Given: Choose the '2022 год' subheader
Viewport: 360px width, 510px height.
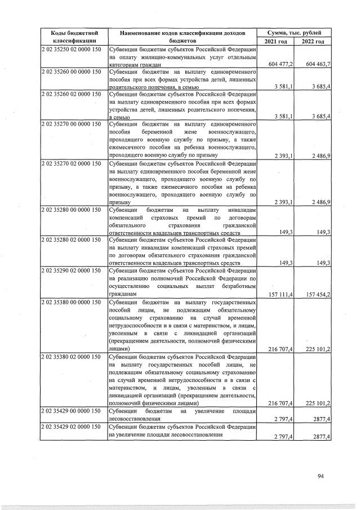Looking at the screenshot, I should coord(313,42).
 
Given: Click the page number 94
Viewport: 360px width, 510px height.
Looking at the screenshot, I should coord(321,476).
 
